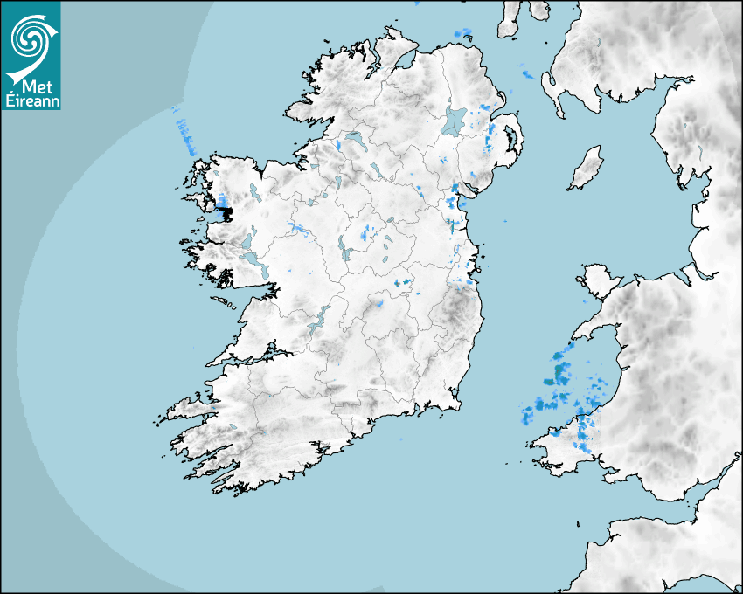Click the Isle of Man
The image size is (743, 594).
pyautogui.click(x=586, y=168)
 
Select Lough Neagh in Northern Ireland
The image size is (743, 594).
pyautogui.click(x=455, y=121)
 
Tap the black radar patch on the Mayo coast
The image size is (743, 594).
pyautogui.click(x=225, y=211)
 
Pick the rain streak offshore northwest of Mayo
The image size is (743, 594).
pyautogui.click(x=186, y=135)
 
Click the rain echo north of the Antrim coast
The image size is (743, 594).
pyautogui.click(x=462, y=33)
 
